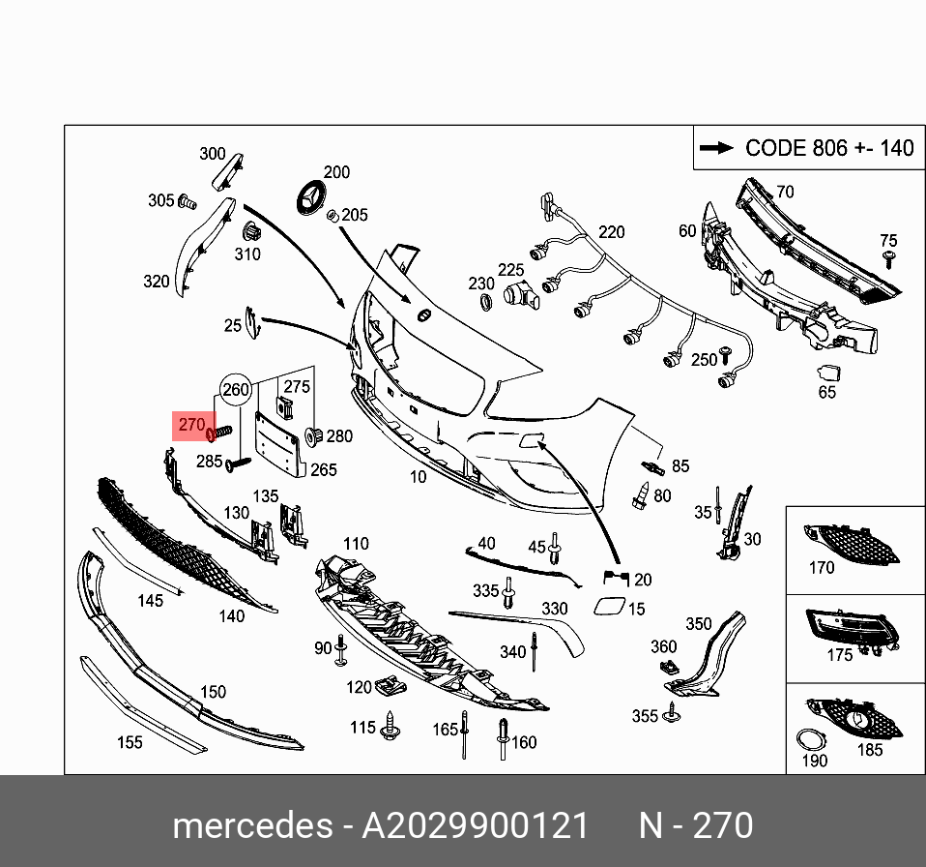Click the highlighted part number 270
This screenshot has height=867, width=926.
point(191,424)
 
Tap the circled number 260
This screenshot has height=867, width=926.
point(236,391)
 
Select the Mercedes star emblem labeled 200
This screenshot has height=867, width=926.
point(309,200)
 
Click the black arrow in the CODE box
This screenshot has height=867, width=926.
point(716,148)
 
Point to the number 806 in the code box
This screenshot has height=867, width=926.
point(827,148)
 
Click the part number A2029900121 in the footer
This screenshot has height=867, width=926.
point(475,825)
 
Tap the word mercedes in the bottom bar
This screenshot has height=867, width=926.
point(251,825)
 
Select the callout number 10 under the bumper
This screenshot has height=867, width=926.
point(418,477)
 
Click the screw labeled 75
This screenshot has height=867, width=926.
point(888,258)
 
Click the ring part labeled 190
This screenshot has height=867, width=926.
point(808,740)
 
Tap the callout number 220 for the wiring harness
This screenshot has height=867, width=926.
point(611,232)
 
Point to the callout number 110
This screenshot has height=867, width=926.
point(356,544)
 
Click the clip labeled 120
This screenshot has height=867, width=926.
point(391,685)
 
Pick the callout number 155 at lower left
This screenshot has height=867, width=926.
point(129,742)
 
